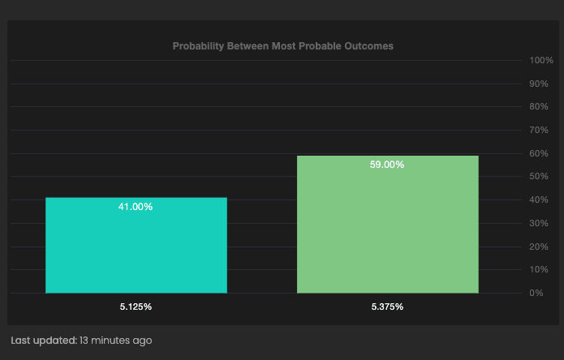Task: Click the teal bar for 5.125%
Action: pyautogui.click(x=136, y=245)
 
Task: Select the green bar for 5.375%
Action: pyautogui.click(x=387, y=224)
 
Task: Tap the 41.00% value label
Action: pyautogui.click(x=136, y=207)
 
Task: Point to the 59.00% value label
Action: pyautogui.click(x=387, y=165)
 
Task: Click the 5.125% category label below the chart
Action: pyautogui.click(x=136, y=307)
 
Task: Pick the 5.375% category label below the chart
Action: pyautogui.click(x=387, y=307)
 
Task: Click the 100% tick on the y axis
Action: pyautogui.click(x=540, y=61)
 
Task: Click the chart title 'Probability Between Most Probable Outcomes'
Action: pyautogui.click(x=282, y=46)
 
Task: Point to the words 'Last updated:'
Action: pyautogui.click(x=43, y=341)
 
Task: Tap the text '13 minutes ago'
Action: pyautogui.click(x=115, y=341)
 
